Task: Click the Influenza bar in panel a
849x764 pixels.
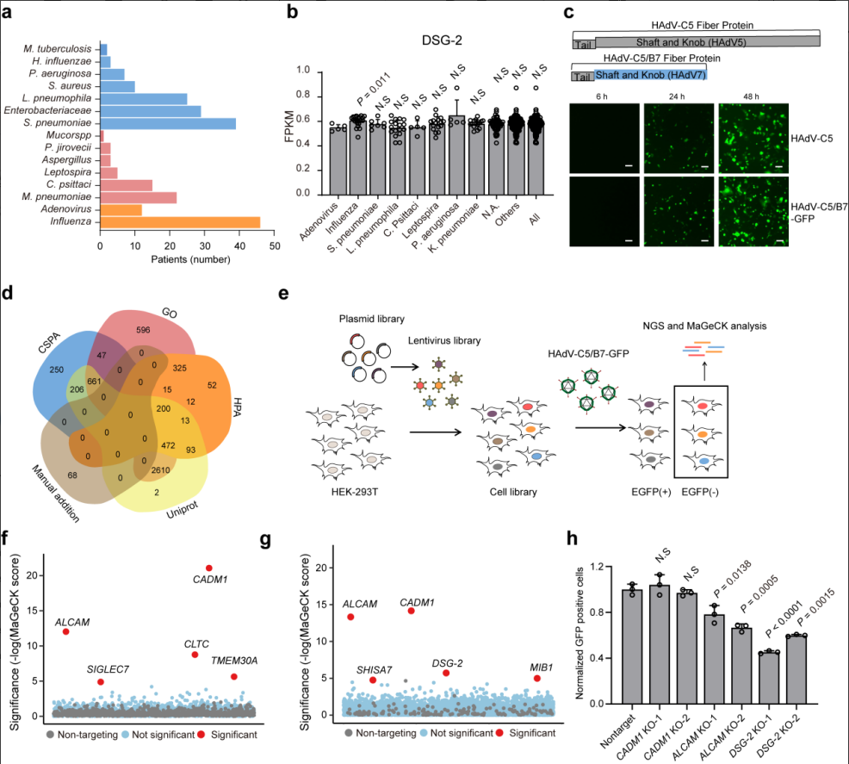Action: pos(179,221)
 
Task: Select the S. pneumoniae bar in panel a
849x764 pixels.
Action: pos(168,123)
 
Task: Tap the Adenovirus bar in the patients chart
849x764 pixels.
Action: pos(121,209)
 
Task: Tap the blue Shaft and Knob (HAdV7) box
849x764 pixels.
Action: pos(651,76)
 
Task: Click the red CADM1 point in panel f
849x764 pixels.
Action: pos(208,568)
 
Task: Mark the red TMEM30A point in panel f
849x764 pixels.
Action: pos(233,677)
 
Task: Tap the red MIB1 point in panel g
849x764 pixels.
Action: pos(537,678)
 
